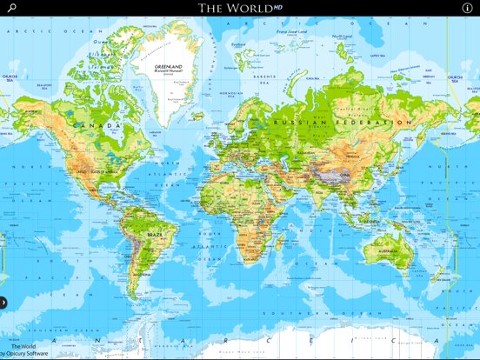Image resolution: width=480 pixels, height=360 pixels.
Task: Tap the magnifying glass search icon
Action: (11, 8)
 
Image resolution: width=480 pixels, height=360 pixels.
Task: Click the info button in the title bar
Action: (467, 8)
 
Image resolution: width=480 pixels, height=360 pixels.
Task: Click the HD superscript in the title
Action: (276, 5)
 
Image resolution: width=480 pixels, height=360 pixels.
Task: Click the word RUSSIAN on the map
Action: (299, 123)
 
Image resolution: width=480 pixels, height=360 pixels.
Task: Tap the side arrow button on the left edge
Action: (3, 303)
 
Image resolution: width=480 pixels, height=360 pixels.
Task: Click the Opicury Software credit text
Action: (26, 354)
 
